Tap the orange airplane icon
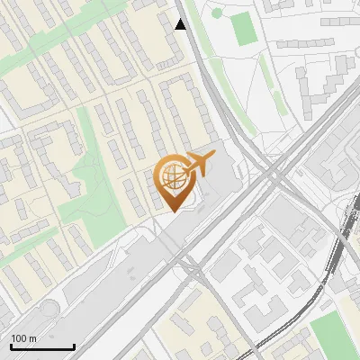pos(199,164)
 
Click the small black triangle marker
pos(181,24)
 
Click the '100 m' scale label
pos(23,338)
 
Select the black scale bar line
pos(42,347)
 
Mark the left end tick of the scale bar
pos(11,346)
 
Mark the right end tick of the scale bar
pos(74,346)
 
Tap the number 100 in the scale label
pos(19,338)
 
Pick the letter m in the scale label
pos(32,339)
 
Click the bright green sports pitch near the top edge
pos(243,29)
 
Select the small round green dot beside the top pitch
pos(216,13)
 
